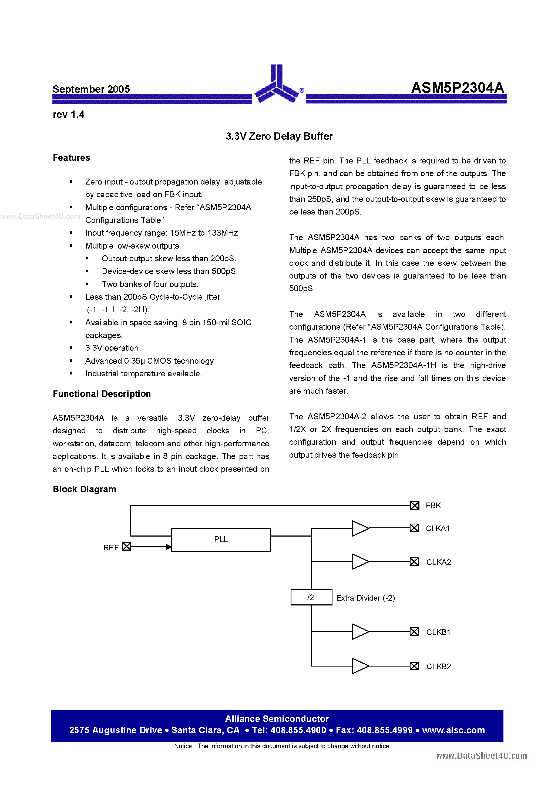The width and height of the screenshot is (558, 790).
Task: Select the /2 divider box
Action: [311, 597]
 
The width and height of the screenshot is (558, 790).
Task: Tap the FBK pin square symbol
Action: [415, 506]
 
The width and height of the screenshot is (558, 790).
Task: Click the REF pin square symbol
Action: [127, 546]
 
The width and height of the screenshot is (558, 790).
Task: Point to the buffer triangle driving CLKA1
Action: [359, 528]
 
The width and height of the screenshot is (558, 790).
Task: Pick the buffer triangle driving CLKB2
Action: [359, 666]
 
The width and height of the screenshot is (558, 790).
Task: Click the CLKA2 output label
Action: [438, 562]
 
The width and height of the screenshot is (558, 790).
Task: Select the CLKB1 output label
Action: [438, 632]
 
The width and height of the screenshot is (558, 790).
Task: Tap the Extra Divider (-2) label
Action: [365, 598]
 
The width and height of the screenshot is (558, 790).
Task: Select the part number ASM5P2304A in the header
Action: [457, 88]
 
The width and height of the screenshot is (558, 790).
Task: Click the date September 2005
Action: [91, 89]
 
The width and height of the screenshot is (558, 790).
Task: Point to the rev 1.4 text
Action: [68, 115]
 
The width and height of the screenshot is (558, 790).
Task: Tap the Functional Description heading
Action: [102, 394]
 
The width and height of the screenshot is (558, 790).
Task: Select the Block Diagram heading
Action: [85, 489]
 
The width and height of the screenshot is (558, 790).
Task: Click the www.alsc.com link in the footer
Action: [453, 730]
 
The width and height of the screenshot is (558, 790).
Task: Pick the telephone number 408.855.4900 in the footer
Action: [298, 730]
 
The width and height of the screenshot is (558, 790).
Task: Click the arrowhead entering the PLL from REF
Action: [169, 547]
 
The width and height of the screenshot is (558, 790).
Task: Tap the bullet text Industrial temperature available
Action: [143, 374]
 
